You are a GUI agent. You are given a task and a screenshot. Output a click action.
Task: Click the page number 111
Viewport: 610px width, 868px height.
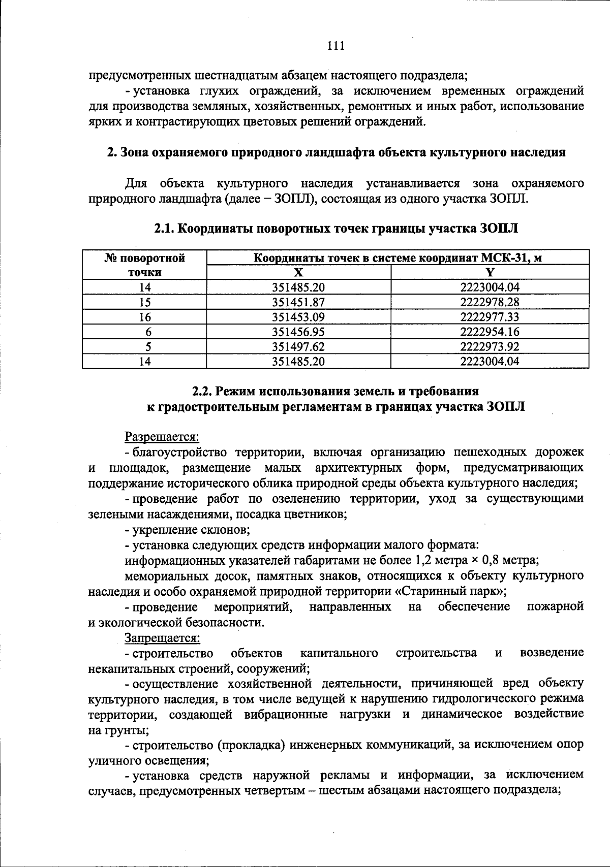pyautogui.click(x=336, y=46)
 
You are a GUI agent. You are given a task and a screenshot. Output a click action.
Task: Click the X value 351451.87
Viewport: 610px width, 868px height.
pyautogui.click(x=298, y=302)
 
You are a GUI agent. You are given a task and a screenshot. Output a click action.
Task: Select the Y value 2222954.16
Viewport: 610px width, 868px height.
pyautogui.click(x=490, y=332)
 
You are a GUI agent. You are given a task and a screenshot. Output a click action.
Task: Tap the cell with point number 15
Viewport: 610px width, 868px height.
pyautogui.click(x=145, y=302)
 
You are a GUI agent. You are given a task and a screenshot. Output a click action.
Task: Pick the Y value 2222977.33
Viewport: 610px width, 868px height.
pyautogui.click(x=490, y=317)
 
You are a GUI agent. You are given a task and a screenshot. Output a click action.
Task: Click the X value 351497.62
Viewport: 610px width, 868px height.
pyautogui.click(x=298, y=347)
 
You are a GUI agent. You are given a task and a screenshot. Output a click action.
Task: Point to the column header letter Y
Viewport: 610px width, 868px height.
pyautogui.click(x=490, y=272)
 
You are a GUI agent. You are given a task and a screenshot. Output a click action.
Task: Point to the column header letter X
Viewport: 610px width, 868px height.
pyautogui.click(x=298, y=272)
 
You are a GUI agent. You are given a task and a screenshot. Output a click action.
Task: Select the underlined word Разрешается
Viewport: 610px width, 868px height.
pyautogui.click(x=162, y=436)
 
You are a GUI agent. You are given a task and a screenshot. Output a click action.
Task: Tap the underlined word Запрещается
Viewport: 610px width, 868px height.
pyautogui.click(x=162, y=637)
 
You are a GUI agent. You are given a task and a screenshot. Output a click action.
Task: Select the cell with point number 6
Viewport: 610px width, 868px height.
pyautogui.click(x=145, y=332)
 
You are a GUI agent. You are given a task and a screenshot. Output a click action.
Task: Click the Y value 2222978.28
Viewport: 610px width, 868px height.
pyautogui.click(x=490, y=302)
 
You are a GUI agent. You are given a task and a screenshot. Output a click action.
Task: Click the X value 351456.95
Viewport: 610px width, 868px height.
pyautogui.click(x=298, y=332)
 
